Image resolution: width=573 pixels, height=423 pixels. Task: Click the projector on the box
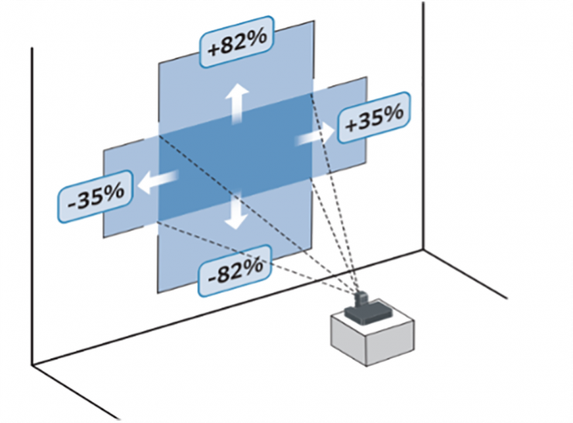tap(363, 310)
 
